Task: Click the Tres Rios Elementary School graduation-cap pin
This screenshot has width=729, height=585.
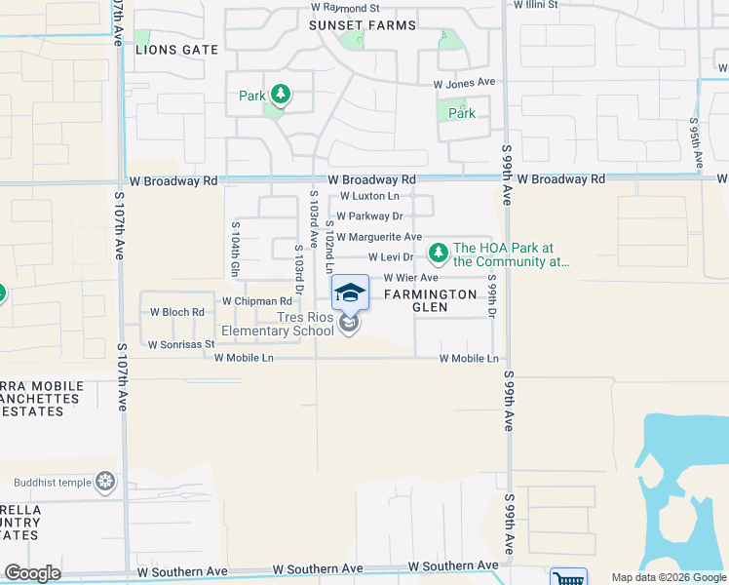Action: click(x=351, y=292)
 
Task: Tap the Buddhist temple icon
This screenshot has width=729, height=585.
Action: click(x=105, y=482)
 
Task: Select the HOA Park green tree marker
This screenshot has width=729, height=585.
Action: click(x=438, y=253)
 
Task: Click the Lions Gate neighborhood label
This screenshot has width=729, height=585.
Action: click(x=176, y=49)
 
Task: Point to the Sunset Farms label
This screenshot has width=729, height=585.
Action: click(x=363, y=25)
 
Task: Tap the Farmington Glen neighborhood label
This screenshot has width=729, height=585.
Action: click(x=430, y=300)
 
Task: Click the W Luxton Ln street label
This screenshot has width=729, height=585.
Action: click(x=369, y=196)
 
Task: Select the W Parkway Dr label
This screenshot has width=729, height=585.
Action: click(x=369, y=216)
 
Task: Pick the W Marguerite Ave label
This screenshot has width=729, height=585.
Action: click(x=379, y=237)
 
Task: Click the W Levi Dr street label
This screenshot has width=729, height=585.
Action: click(x=391, y=257)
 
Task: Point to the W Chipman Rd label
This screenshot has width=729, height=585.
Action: click(x=256, y=302)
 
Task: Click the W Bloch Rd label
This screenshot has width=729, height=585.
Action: click(x=176, y=313)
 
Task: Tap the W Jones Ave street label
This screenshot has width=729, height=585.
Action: click(x=465, y=84)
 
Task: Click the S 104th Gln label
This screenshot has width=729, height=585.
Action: click(x=236, y=252)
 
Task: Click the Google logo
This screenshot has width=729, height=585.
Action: click(x=32, y=573)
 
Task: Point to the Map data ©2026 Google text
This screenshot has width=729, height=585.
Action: click(x=668, y=577)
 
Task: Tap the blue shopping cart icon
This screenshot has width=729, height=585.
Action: click(x=568, y=577)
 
